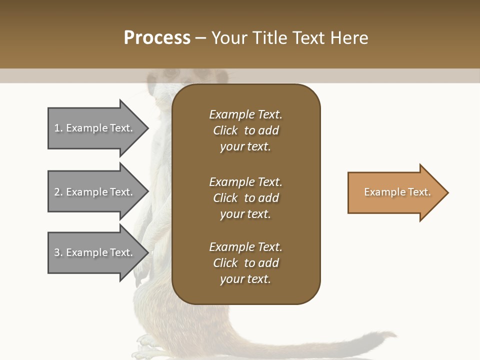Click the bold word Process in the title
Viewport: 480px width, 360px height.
[x=157, y=37]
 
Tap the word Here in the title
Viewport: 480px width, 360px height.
[x=349, y=37]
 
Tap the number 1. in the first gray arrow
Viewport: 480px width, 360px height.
[x=58, y=128]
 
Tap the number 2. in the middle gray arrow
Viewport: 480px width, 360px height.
[x=58, y=192]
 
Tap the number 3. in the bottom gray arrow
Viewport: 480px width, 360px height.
[x=58, y=252]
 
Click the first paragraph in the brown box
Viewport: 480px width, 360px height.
[x=245, y=130]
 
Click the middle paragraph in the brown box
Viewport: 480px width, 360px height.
[x=245, y=198]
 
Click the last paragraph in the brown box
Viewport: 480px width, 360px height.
[x=245, y=263]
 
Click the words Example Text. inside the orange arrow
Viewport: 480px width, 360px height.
[x=397, y=192]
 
